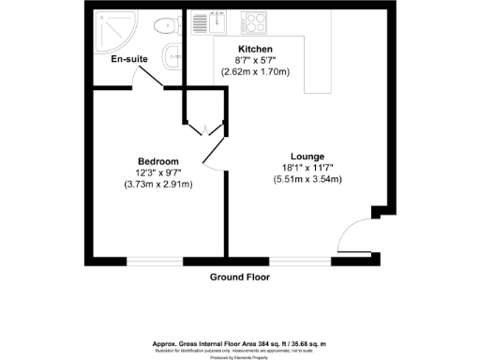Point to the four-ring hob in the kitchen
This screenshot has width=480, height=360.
coord(255,22)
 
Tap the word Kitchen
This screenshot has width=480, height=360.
coord(255,49)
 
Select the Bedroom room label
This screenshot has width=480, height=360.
coord(158,161)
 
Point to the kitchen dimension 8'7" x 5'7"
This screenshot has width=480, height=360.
coord(255,60)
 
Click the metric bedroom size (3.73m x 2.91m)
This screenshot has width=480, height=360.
coord(158,184)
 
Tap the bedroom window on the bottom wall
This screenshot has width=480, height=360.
coord(155,258)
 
